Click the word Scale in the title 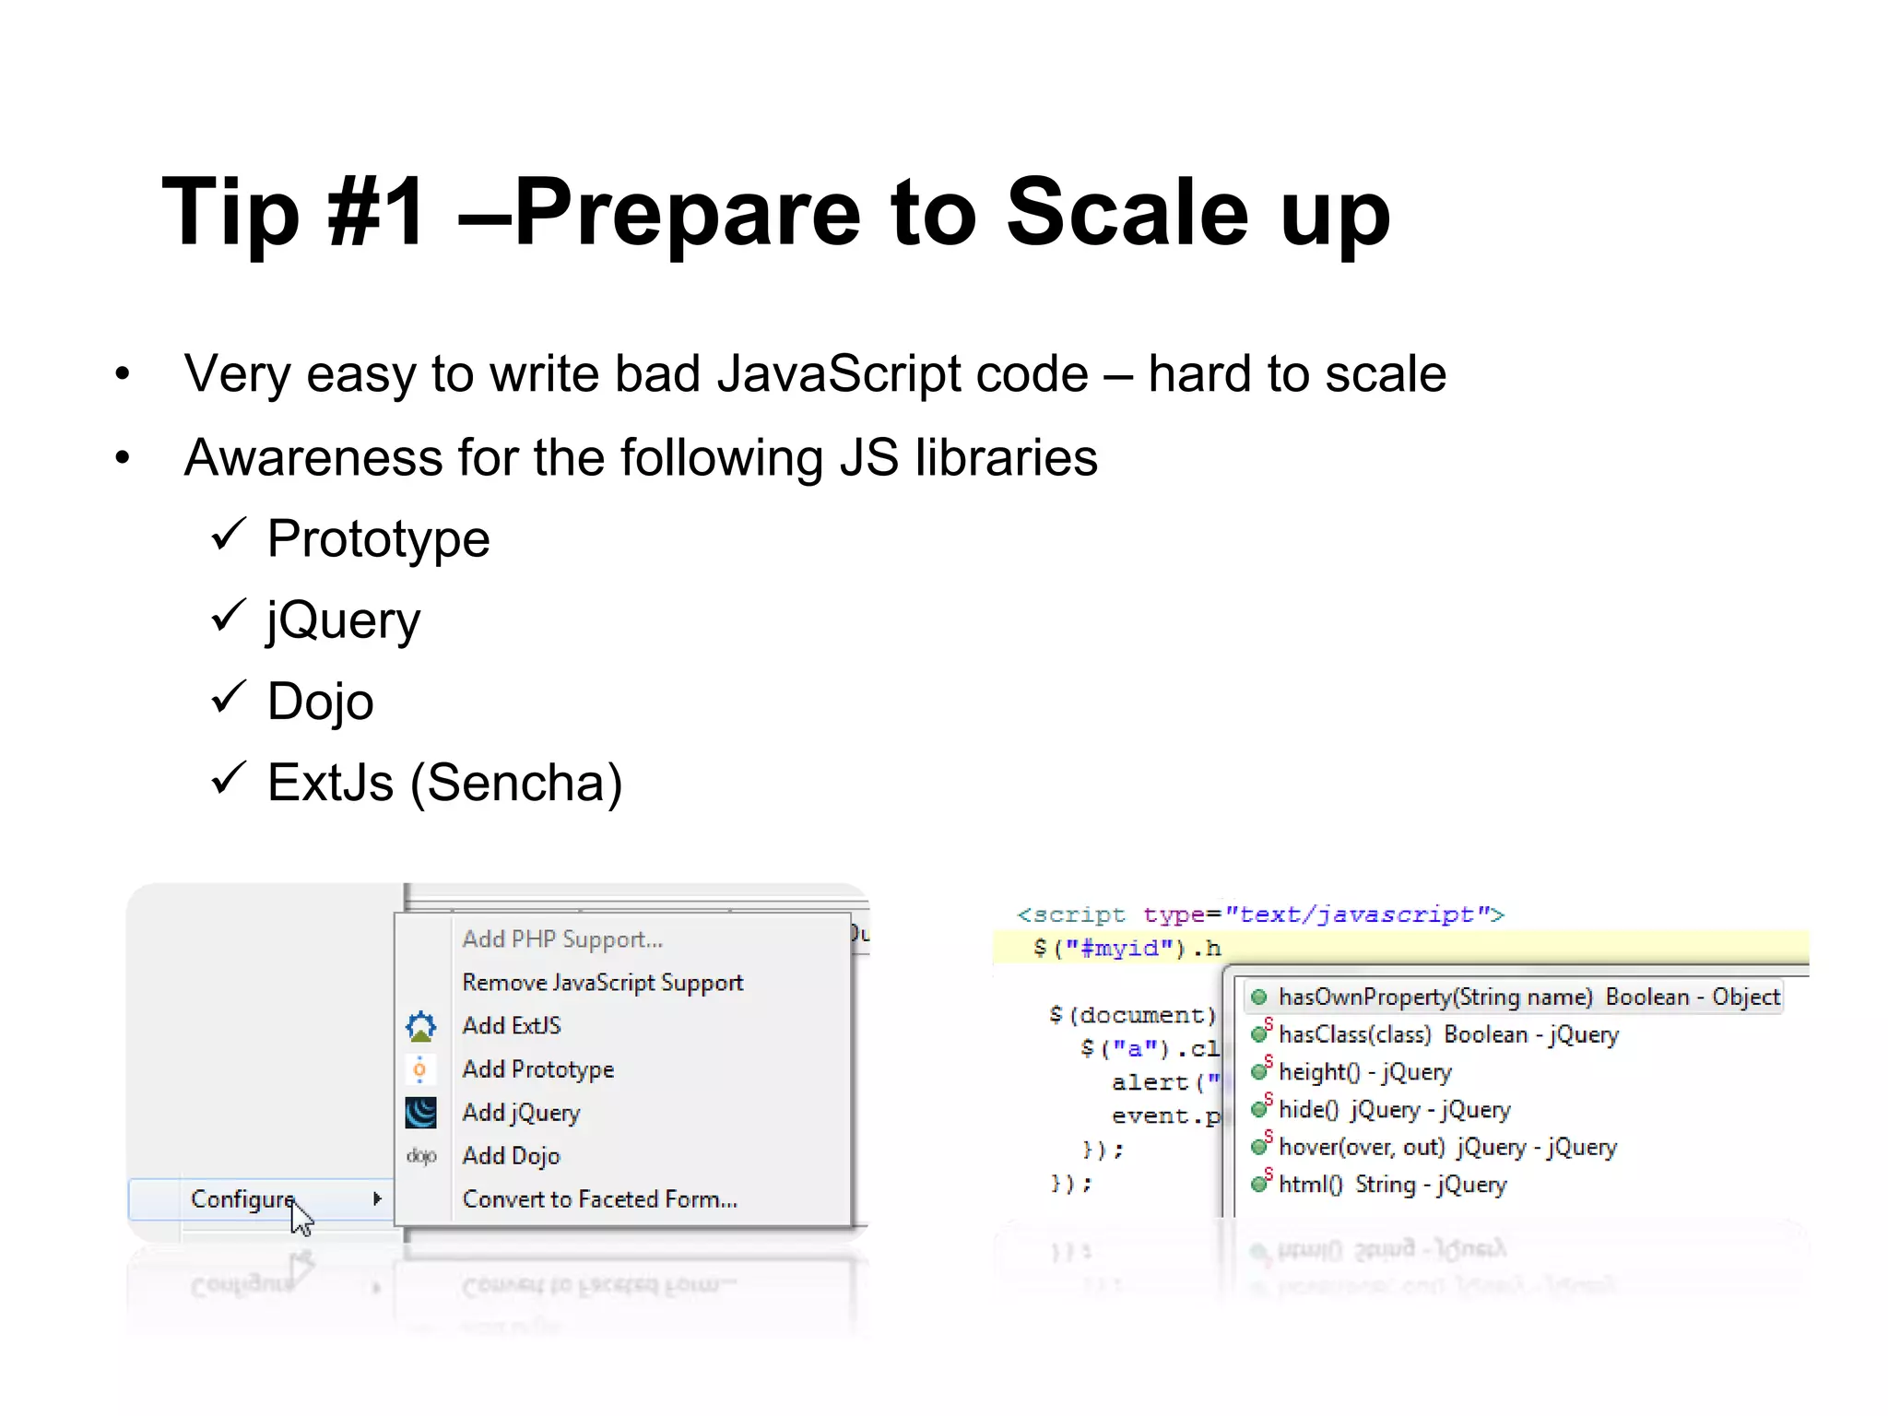(1127, 213)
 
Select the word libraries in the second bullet (1006, 458)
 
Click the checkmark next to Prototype (229, 534)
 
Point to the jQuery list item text (343, 619)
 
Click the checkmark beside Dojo (229, 697)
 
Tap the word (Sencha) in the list (516, 783)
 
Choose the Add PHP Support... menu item (562, 939)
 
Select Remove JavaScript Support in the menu (602, 983)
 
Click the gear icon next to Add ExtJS (420, 1026)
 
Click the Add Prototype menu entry (537, 1069)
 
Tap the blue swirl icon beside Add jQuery (420, 1113)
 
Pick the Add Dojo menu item (511, 1156)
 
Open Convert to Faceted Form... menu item (599, 1199)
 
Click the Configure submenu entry (242, 1199)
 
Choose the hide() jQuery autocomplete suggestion (1392, 1110)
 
